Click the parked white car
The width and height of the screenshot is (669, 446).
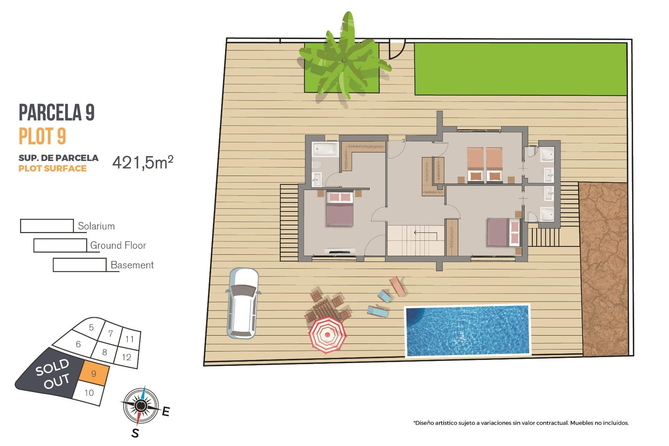tap(243, 303)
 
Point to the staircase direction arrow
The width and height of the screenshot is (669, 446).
tap(425, 233)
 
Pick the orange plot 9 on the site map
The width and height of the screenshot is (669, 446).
tap(94, 374)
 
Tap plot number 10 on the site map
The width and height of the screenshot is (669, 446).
tap(89, 393)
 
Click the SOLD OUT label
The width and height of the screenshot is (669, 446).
tap(53, 373)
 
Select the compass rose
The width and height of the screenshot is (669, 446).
tap(141, 406)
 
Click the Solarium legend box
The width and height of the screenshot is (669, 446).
tap(47, 226)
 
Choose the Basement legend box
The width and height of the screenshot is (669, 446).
tap(79, 265)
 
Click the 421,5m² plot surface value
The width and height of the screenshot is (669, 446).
tap(143, 162)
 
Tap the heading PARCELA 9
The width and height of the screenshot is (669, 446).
tap(56, 112)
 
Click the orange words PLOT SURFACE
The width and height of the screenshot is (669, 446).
tap(53, 169)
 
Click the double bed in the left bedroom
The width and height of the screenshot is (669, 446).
tap(340, 209)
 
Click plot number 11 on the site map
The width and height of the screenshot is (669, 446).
tap(130, 339)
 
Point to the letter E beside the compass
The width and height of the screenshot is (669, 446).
tap(166, 412)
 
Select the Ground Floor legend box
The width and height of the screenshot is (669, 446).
tap(60, 245)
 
